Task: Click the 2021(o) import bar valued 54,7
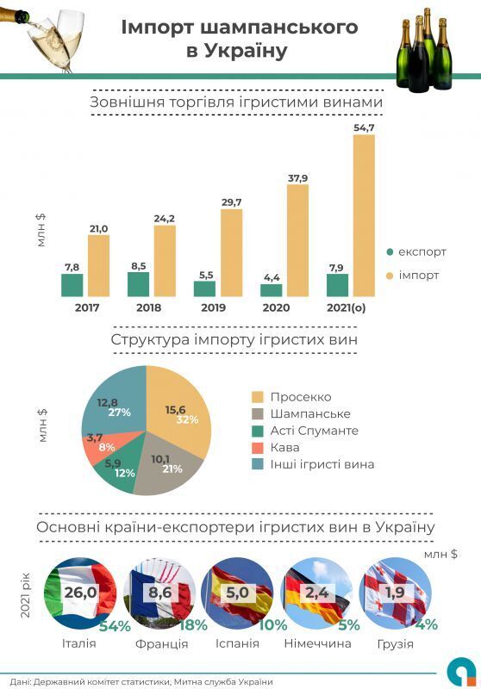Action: pos(364,215)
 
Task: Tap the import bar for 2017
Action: pos(98,265)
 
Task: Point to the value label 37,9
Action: pos(297,178)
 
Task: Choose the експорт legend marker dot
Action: pos(390,251)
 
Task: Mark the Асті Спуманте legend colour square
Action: pos(258,431)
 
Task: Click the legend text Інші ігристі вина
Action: pos(322,464)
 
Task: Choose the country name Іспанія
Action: pos(237,644)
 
